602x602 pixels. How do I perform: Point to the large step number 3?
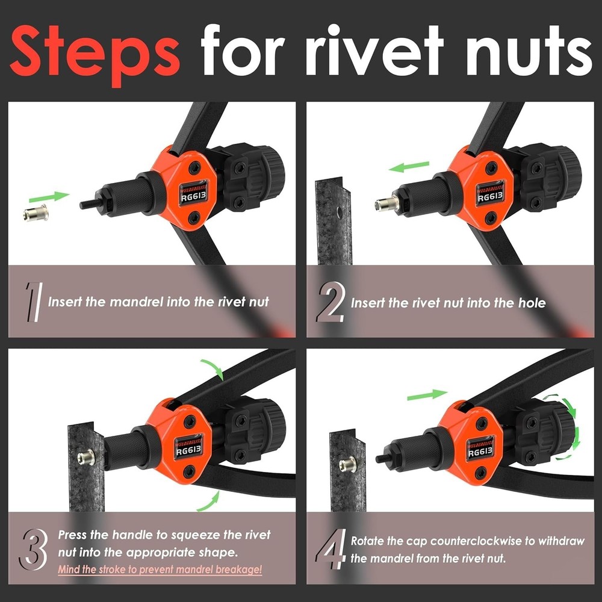pyautogui.click(x=34, y=548)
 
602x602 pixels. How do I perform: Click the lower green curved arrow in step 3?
pyautogui.click(x=211, y=499)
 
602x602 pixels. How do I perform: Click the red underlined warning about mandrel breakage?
pyautogui.click(x=160, y=569)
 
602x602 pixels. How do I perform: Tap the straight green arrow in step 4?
pyautogui.click(x=427, y=395)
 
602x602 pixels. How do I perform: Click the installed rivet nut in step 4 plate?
pyautogui.click(x=347, y=465)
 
